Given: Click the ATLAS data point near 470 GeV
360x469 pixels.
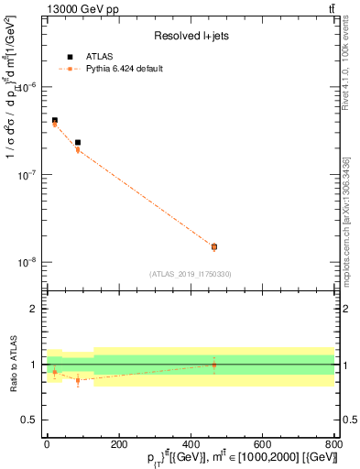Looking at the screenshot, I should pyautogui.click(x=214, y=246).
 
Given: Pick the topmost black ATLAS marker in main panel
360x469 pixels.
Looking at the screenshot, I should pyautogui.click(x=54, y=120).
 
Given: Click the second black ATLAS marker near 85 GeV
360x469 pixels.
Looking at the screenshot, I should pyautogui.click(x=78, y=143).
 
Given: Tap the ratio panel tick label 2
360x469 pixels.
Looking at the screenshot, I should pyautogui.click(x=34, y=309).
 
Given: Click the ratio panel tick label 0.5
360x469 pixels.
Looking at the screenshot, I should pyautogui.click(x=29, y=420).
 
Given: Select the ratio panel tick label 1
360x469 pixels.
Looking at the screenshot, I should pyautogui.click(x=34, y=365).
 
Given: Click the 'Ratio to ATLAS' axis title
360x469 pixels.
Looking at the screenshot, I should pyautogui.click(x=13, y=365).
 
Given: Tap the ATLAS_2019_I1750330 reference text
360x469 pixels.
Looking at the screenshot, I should pyautogui.click(x=190, y=274).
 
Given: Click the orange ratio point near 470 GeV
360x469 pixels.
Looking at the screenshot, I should pyautogui.click(x=214, y=365).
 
